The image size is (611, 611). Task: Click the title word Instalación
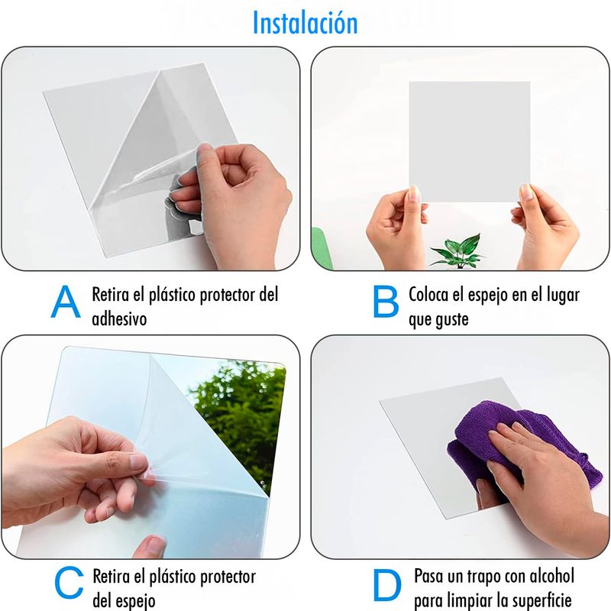305,23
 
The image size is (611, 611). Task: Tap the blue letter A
66,301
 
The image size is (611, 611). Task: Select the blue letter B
386,301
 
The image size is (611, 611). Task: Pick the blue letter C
69,583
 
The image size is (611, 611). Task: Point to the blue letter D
387,584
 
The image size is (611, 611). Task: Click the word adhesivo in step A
119,318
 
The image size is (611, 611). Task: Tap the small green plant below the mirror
458,251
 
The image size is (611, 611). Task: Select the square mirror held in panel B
469,141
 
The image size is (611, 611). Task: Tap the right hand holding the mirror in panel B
545,228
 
